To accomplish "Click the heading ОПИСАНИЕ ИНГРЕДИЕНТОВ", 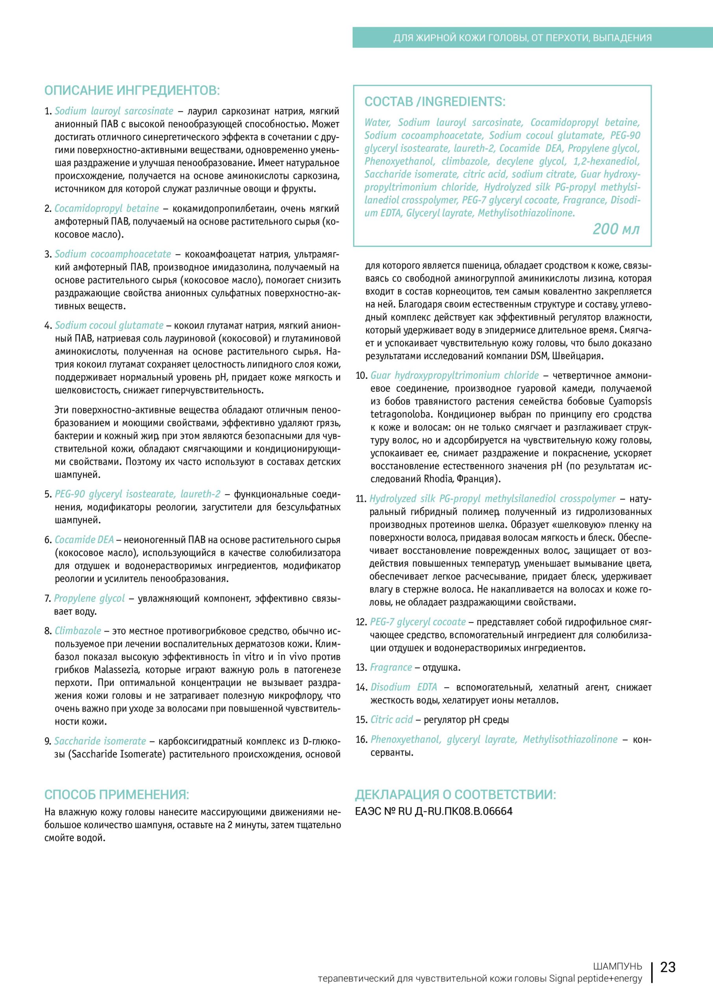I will (132, 91).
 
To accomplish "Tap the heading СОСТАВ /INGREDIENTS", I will (435, 102).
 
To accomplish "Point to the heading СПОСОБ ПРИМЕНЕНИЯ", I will (117, 795).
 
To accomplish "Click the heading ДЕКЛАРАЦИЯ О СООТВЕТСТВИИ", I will (455, 795).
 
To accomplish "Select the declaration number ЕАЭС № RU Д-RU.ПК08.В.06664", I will (433, 811).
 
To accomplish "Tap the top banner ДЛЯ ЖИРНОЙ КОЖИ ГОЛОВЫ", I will (522, 38).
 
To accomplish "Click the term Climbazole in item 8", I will (78, 631).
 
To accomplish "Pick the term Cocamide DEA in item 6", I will (84, 539).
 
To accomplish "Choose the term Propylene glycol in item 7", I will (89, 598).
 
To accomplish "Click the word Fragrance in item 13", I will (391, 667).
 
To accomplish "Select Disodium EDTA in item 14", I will (404, 687).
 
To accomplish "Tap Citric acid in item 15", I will (391, 719).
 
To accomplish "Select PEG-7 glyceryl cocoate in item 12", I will (418, 622).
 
